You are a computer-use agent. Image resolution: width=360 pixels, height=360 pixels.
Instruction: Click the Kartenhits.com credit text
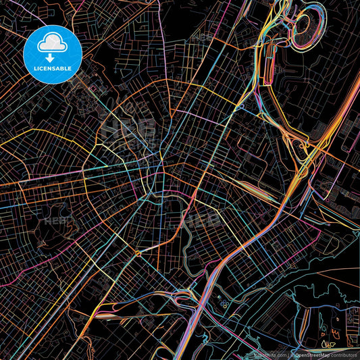tap(268, 353)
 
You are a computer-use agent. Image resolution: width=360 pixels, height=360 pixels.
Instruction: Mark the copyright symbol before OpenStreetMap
tap(292, 353)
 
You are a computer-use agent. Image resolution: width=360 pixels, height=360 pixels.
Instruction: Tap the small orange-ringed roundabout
tap(137, 253)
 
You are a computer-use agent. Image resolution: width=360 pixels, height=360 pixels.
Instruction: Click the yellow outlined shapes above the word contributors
tap(329, 344)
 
